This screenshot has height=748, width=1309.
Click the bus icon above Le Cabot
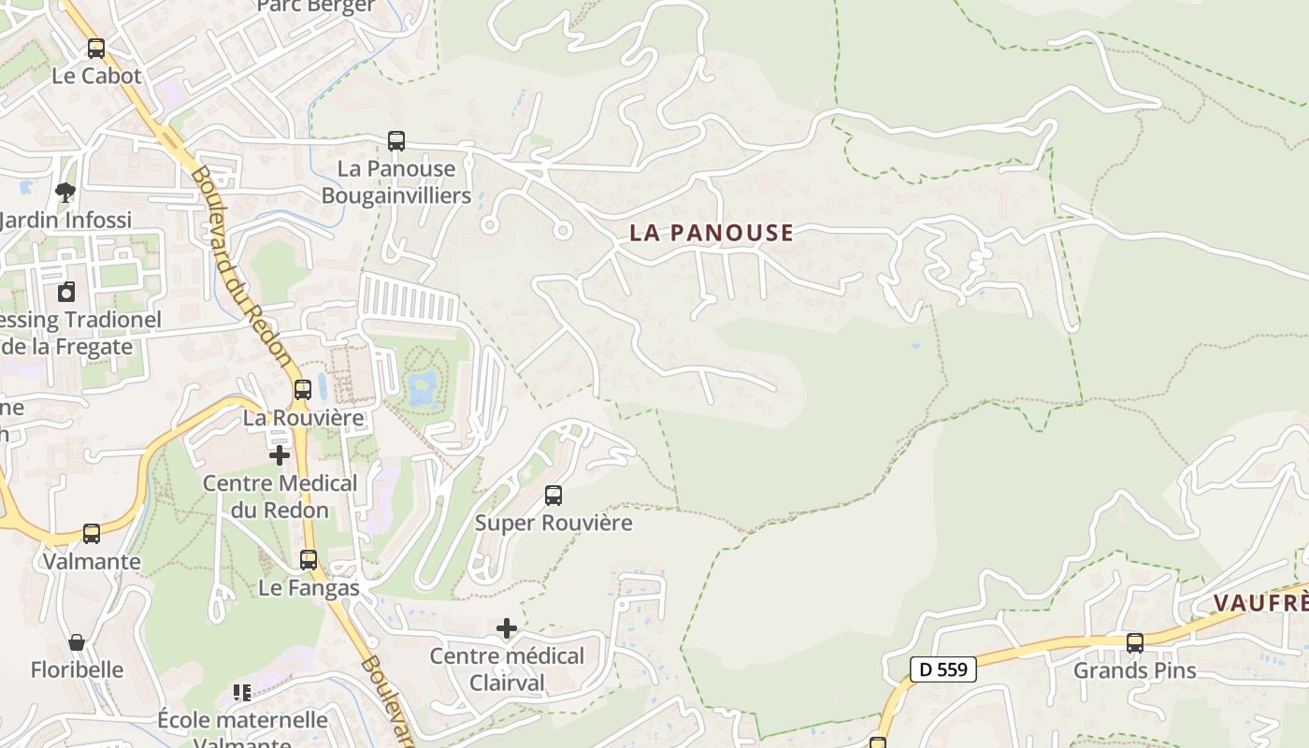(96, 48)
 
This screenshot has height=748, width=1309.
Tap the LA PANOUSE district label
(711, 233)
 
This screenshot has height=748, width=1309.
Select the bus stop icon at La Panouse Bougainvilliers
(396, 141)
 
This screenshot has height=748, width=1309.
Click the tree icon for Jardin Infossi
(65, 193)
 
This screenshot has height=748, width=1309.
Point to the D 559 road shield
(943, 669)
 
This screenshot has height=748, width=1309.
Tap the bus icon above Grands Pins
(1134, 643)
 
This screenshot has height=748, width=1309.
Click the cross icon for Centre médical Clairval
(507, 628)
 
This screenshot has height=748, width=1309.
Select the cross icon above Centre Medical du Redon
(280, 455)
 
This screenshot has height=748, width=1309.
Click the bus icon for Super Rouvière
(554, 496)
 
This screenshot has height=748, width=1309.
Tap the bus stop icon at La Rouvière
(303, 390)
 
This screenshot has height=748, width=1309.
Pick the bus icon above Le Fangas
(309, 560)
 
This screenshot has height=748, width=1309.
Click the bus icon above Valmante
(92, 534)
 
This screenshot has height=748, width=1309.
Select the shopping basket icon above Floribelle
(77, 642)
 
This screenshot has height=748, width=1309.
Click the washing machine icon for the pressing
(66, 292)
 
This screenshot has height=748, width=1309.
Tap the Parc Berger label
(316, 7)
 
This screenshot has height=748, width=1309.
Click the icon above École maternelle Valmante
(242, 693)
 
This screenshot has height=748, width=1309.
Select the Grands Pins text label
(1134, 670)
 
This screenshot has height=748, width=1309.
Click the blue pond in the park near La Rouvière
(423, 385)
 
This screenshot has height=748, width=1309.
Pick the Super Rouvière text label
(554, 523)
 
